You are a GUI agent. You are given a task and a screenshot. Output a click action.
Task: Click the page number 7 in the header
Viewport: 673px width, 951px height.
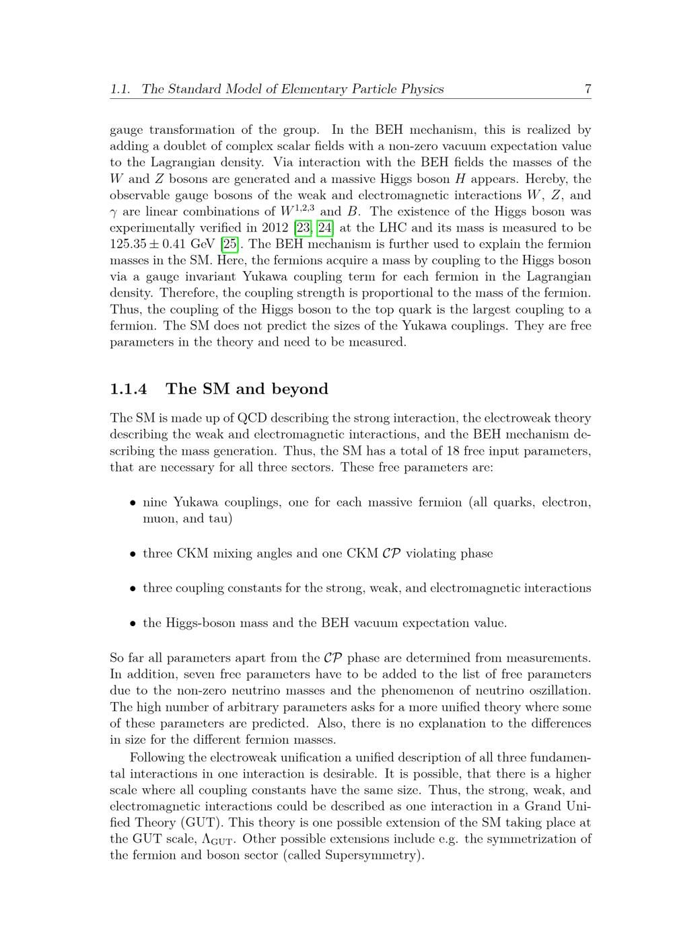pos(588,89)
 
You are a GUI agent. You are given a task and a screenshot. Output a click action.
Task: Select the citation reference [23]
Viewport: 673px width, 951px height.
pos(303,228)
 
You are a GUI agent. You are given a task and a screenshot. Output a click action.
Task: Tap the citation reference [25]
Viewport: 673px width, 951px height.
pos(229,244)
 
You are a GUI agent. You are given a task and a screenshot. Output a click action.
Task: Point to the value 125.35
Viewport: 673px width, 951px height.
pos(128,244)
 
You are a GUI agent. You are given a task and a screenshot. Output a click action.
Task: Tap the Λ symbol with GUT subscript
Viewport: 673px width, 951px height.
pos(225,839)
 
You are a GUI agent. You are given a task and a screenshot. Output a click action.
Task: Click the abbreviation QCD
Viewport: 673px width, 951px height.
pos(253,418)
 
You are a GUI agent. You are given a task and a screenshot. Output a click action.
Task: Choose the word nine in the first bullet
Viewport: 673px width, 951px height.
pos(155,502)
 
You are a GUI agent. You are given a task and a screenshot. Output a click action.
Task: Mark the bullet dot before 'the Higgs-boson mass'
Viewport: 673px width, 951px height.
pos(133,623)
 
